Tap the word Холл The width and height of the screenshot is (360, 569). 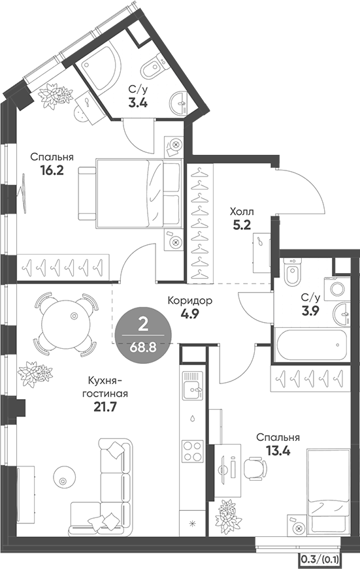point(242,211)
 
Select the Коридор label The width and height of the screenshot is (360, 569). point(189,301)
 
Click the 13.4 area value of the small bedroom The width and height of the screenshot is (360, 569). point(278,451)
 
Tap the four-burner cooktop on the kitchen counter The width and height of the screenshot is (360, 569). point(193,450)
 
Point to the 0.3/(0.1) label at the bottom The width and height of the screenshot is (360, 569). point(320,561)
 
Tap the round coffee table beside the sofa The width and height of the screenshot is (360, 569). point(64,477)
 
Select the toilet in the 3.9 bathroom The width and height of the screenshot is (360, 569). point(292,272)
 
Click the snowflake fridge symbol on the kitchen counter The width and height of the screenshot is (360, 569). point(193,523)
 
